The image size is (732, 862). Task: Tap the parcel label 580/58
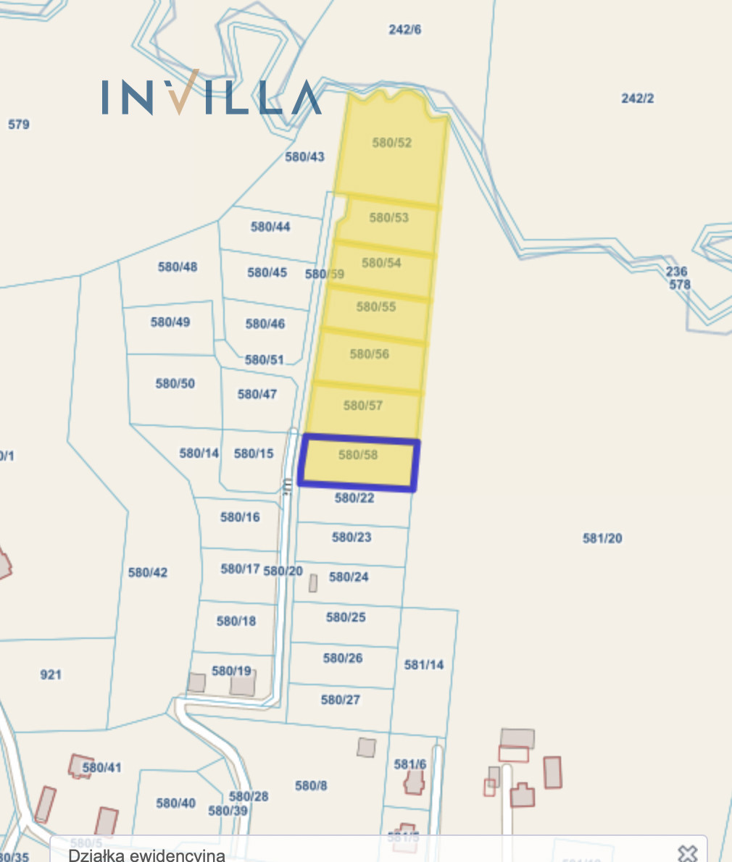click(358, 456)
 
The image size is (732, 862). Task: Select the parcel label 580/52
click(392, 143)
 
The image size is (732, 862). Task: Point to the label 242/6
click(404, 30)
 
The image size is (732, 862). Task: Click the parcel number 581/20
click(602, 538)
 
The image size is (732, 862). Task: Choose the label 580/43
click(305, 156)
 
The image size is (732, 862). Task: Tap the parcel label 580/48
click(178, 267)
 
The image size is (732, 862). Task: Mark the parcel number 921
click(51, 674)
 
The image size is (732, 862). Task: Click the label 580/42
click(148, 572)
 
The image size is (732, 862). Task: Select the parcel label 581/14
click(424, 664)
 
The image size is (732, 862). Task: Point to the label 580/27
click(341, 700)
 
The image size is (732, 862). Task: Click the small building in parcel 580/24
click(313, 582)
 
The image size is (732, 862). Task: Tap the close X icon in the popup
click(687, 853)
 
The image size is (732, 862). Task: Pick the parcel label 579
click(19, 124)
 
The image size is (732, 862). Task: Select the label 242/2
click(638, 98)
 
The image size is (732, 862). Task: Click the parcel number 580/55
click(376, 307)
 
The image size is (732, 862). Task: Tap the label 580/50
click(175, 383)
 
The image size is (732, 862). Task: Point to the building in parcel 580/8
click(367, 747)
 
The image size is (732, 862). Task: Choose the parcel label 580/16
click(240, 517)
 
